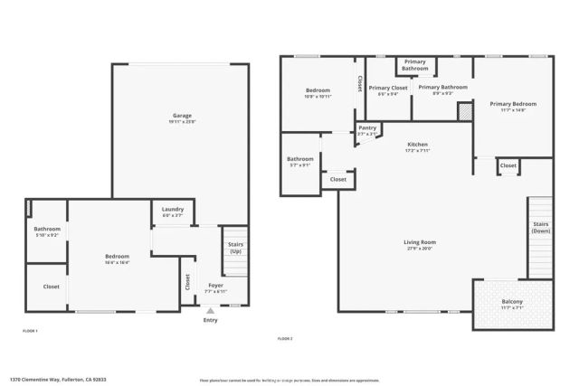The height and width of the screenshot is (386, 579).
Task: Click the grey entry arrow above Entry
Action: (211, 310)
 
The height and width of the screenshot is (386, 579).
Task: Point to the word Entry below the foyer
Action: (211, 320)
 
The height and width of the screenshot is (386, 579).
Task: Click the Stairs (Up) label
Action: (235, 248)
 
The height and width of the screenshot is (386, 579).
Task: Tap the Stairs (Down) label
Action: (540, 228)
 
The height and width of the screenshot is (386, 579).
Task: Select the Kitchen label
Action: (417, 145)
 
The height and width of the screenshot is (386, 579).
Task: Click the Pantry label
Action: (367, 127)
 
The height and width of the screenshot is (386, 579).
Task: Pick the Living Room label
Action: (420, 241)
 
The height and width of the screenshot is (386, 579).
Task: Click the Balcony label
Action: (512, 301)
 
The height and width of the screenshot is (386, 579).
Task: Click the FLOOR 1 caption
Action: (31, 332)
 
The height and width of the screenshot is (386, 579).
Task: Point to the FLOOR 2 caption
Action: (285, 338)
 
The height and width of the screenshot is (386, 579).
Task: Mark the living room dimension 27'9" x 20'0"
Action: (420, 249)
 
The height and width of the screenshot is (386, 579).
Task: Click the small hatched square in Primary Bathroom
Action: (464, 111)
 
